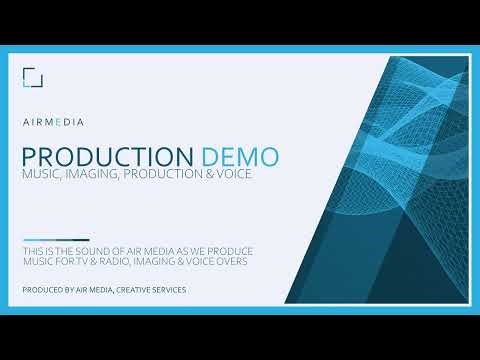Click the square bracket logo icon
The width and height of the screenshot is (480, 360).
(x=32, y=78)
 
